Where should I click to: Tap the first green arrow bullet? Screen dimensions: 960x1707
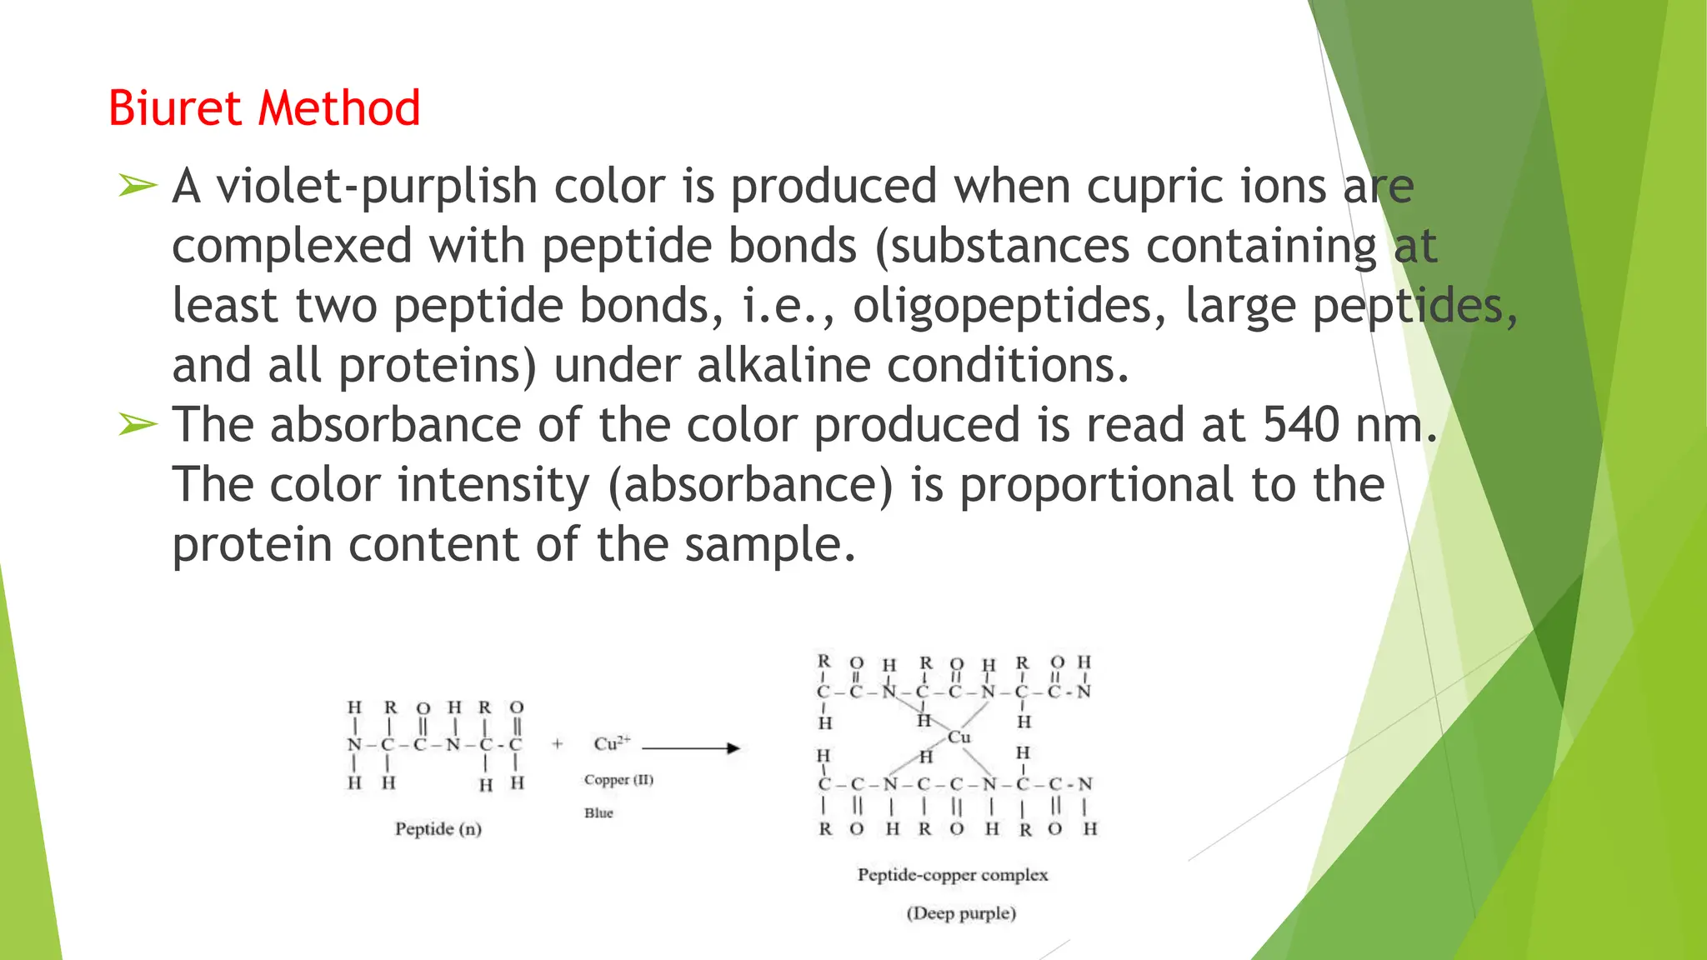click(137, 185)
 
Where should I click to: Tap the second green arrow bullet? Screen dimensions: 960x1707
click(137, 424)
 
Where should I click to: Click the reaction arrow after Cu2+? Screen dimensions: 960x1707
click(691, 747)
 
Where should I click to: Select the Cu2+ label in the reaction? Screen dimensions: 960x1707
click(612, 742)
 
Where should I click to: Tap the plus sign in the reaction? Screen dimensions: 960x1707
click(557, 744)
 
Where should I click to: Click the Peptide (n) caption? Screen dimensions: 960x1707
click(438, 829)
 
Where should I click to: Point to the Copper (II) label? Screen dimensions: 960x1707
click(618, 780)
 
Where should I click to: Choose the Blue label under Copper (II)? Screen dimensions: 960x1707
click(598, 812)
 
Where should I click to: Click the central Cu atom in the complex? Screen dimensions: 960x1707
click(959, 737)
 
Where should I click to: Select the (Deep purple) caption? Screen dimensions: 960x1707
click(961, 913)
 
